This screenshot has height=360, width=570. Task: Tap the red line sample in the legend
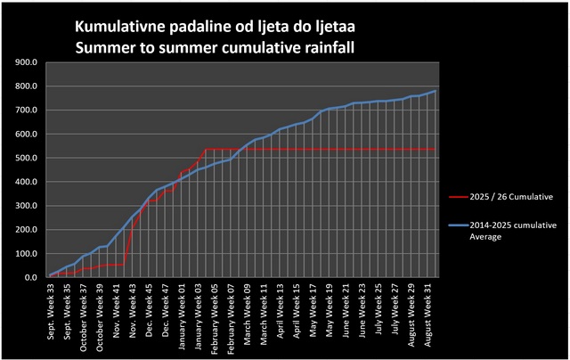(460, 193)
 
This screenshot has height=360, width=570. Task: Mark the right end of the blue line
(435, 91)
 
